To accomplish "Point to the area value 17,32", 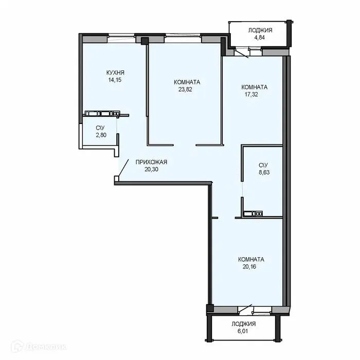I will point(254,95).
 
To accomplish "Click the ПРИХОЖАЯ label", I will point(151,163).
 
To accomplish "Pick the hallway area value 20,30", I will point(151,170).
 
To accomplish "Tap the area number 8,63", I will point(263,172).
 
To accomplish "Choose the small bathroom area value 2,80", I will point(100,135).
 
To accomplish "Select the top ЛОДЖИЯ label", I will point(260,31).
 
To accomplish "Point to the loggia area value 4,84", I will point(260,38).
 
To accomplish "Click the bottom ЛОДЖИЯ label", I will point(243,325).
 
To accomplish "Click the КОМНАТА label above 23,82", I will point(187,82).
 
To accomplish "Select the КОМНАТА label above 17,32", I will point(254,87).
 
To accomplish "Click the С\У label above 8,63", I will point(263,165).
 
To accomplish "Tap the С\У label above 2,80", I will point(100,128).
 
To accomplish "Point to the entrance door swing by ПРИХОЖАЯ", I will point(123,167).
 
